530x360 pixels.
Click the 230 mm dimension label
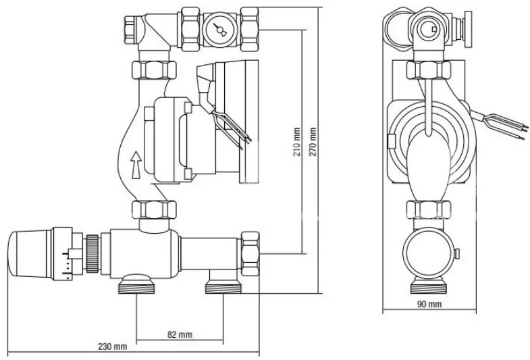[113, 346]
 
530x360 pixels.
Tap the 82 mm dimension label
[180, 334]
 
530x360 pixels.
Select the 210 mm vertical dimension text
[296, 142]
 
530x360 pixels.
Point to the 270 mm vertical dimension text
[313, 142]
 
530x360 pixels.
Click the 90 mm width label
[429, 304]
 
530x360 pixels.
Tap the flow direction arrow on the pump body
[136, 165]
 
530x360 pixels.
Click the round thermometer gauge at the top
[219, 30]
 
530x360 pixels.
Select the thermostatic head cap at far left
[30, 253]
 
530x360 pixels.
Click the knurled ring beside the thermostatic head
[92, 253]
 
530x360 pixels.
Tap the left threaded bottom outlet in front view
[136, 284]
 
